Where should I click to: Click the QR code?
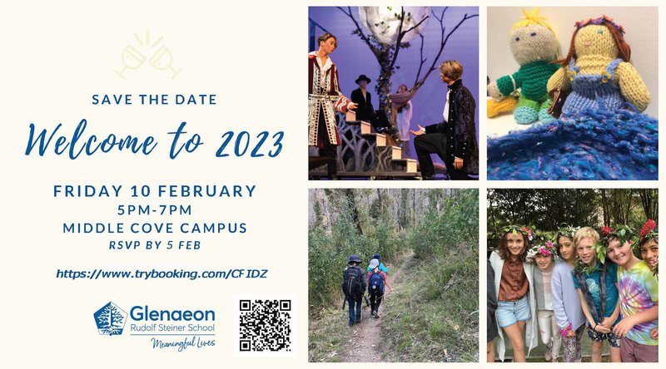click(x=266, y=325)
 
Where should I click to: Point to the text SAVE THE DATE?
click(x=154, y=100)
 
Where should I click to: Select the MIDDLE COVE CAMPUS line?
click(x=154, y=228)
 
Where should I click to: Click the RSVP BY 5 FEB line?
click(x=154, y=245)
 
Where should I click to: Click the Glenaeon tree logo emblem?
click(x=110, y=318)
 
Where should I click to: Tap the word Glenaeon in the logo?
click(x=172, y=314)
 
